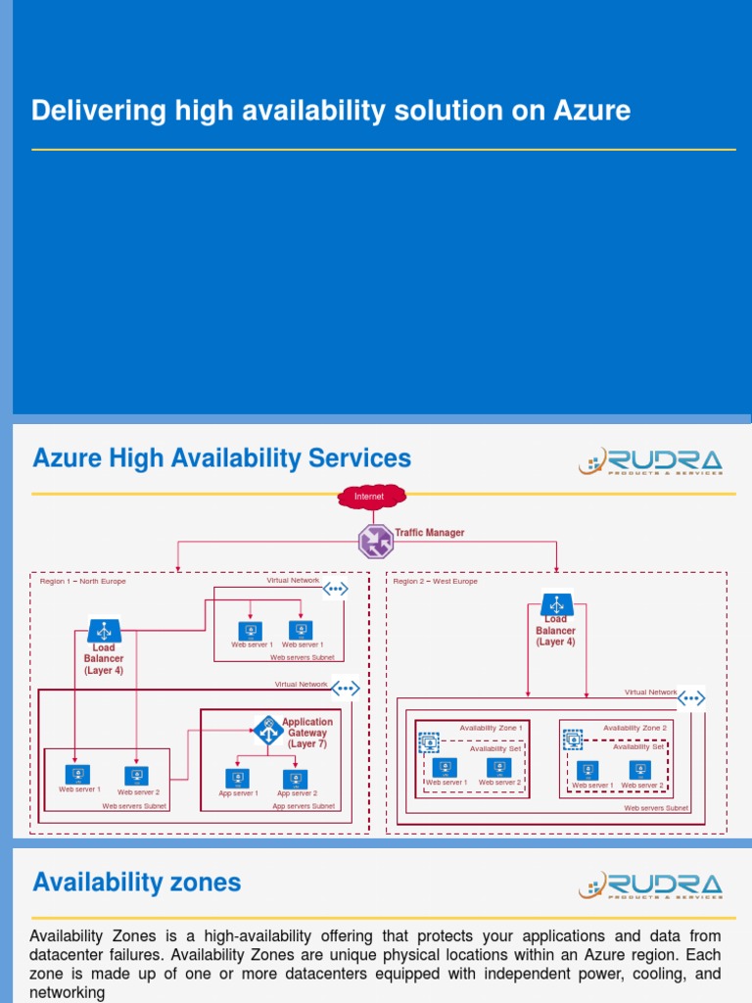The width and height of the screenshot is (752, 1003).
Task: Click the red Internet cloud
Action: point(370,497)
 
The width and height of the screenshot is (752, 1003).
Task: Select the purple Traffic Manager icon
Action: point(374,541)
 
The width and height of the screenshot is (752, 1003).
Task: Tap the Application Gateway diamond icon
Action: point(267,729)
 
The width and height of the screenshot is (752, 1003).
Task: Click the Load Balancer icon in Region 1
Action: point(104,630)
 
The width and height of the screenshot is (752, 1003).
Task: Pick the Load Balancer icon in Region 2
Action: point(556,604)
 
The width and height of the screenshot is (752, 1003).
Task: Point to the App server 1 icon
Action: point(237,779)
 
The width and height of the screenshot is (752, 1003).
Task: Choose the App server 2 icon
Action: point(295,779)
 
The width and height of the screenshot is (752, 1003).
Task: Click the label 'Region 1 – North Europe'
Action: point(83,581)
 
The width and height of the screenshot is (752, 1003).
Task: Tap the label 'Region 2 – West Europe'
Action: point(436,581)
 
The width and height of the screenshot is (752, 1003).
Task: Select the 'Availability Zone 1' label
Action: point(491,728)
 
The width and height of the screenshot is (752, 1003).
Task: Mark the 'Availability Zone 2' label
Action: point(634,728)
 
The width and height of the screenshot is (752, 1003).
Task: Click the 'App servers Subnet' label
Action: point(304,806)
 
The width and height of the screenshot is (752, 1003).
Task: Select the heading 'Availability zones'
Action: point(136,883)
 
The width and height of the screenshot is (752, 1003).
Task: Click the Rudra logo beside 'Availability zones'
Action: point(650,885)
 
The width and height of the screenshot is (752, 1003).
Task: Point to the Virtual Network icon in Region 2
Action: point(691,698)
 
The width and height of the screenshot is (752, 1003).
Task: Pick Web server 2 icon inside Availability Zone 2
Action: point(640,771)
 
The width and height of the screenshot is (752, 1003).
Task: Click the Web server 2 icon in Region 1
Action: point(137,776)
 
